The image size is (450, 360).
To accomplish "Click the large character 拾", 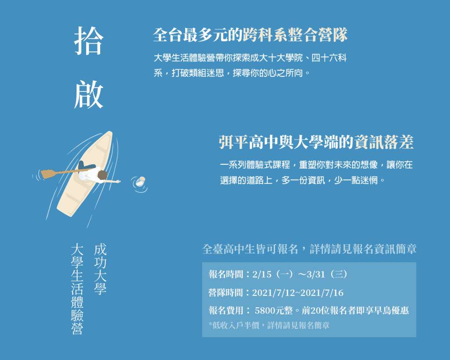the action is [x=89, y=41].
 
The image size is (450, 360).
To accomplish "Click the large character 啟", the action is [x=89, y=95].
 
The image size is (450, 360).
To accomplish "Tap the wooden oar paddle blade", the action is [x=48, y=174].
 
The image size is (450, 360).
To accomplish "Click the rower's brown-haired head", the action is [x=102, y=175].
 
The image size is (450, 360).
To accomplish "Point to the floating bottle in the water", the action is [x=141, y=182].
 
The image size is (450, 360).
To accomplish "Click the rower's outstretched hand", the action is [x=118, y=182].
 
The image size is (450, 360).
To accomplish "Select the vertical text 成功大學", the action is [x=100, y=269].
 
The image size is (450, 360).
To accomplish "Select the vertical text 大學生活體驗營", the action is [x=77, y=289].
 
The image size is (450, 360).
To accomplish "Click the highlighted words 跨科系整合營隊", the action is [x=295, y=35].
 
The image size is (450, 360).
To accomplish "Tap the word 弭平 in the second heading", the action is [x=233, y=142].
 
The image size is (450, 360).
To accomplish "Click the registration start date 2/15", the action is [x=262, y=274].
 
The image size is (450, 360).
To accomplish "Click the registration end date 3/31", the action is [x=316, y=274].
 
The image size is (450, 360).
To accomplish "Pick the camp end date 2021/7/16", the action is [x=322, y=293].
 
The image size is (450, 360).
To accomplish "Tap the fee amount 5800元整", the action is [x=273, y=310].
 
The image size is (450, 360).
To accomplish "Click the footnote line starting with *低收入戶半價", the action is [x=269, y=325].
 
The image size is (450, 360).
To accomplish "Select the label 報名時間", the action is [x=225, y=274].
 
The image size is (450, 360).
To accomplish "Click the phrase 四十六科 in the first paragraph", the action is [x=329, y=58].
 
